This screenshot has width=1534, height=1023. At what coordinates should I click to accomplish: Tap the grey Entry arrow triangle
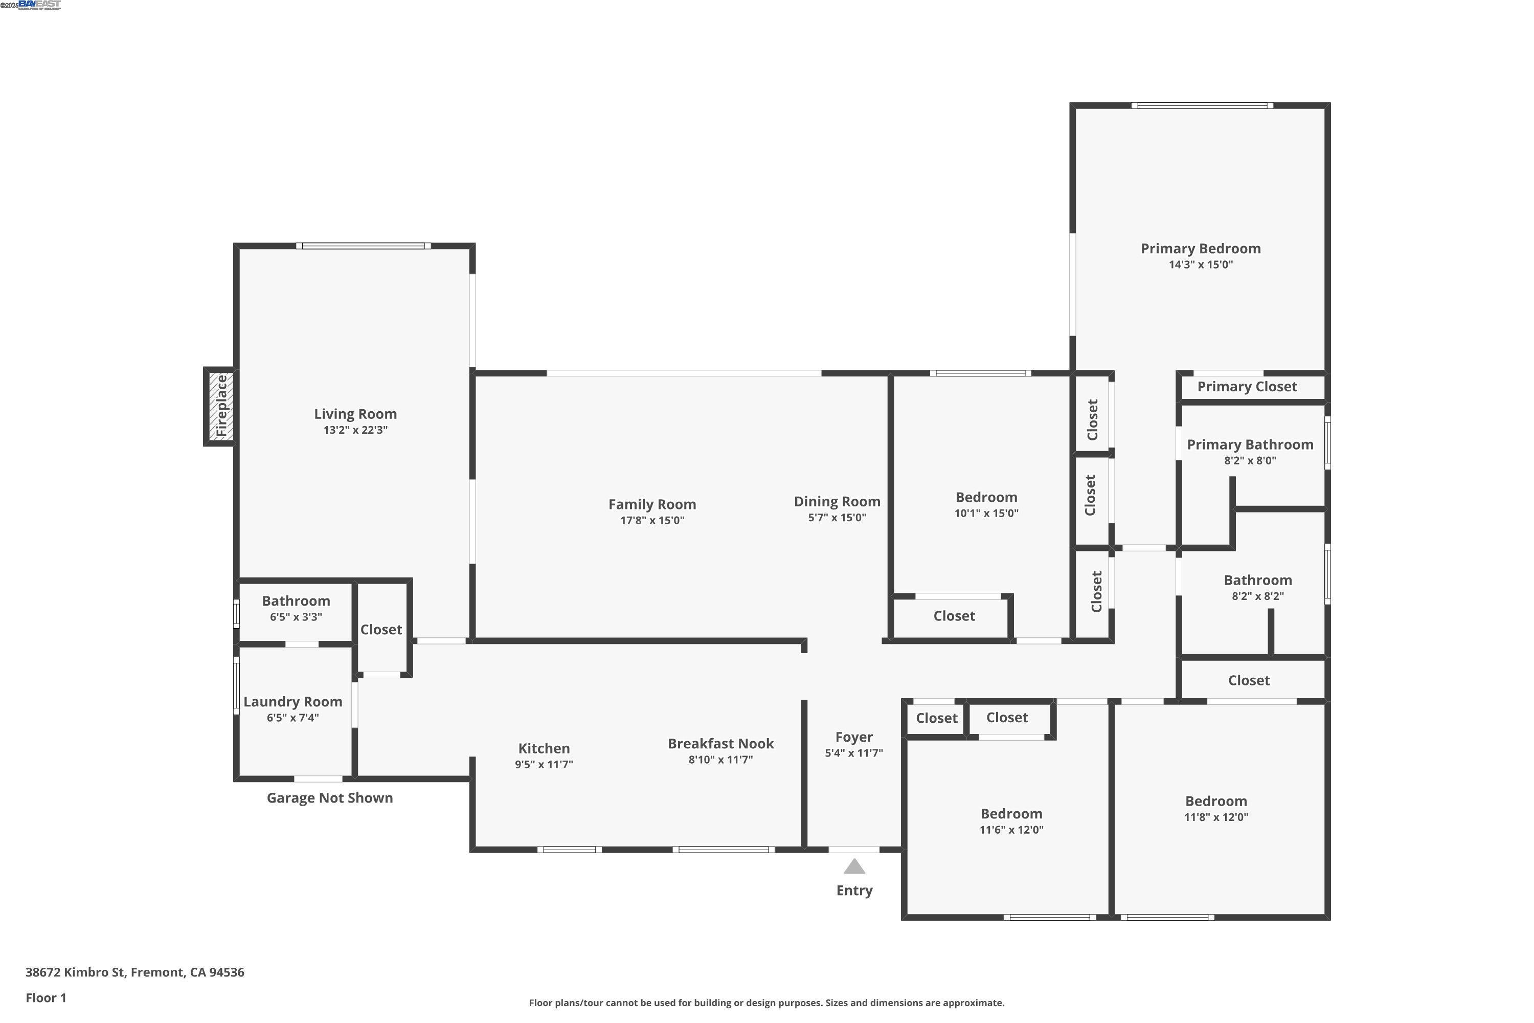coord(854,867)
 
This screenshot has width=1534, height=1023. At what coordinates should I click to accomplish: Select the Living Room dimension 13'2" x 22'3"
coord(355,430)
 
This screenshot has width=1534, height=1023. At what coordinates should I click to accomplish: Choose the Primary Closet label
coord(1247,387)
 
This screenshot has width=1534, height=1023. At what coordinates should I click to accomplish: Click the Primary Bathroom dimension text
coord(1250,461)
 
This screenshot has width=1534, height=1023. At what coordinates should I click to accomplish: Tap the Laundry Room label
coord(293,702)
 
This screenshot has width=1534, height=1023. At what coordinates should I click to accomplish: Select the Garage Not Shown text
coord(329,798)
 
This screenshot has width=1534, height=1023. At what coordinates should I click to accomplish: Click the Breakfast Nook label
coord(720,744)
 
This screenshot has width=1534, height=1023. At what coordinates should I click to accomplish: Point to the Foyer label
coord(854,737)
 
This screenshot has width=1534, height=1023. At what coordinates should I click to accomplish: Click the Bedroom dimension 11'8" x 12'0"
coord(1216,817)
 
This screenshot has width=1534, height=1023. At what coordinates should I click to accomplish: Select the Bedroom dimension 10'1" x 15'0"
coord(986,514)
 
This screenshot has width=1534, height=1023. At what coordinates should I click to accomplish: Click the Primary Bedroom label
coord(1200,249)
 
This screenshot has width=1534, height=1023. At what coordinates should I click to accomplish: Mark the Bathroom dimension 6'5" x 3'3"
coord(296,617)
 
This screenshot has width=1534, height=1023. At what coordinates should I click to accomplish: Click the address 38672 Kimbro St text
coord(134,972)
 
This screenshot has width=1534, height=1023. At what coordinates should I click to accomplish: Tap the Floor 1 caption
coord(46,997)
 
